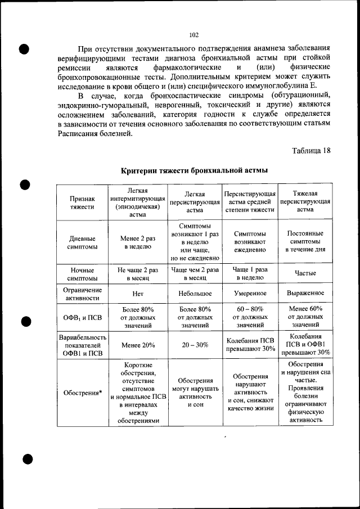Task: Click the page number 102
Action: coord(194,35)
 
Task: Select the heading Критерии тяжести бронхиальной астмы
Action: coord(195,170)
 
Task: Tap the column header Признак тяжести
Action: coord(82,202)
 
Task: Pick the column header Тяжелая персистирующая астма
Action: coord(305,201)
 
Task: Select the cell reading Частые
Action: coord(305,273)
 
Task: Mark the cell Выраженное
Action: coord(305,293)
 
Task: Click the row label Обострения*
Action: coord(82,393)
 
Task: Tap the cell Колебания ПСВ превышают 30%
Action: coord(250,345)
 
